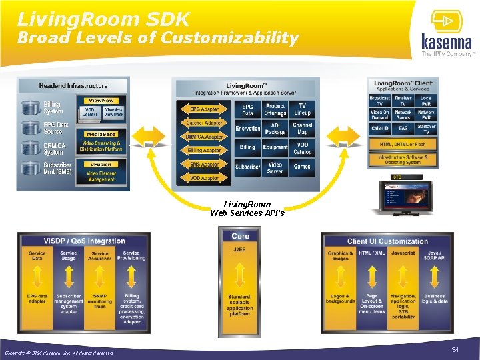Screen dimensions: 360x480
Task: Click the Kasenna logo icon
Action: point(444,23)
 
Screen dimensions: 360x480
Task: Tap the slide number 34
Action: point(455,349)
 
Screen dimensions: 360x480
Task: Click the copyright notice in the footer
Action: point(59,353)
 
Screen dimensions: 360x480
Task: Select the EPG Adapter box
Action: point(204,109)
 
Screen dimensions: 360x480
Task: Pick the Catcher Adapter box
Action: point(203,123)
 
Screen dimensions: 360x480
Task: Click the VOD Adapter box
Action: point(204,179)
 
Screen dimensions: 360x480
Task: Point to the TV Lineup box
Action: point(303,109)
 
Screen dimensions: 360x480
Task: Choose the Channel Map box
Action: point(303,129)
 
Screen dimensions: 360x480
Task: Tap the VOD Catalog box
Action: point(303,147)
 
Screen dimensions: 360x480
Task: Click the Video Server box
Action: point(275,168)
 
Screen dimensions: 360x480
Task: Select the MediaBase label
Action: point(101,134)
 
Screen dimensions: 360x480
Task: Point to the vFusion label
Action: point(101,164)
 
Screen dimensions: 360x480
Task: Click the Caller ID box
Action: point(379,127)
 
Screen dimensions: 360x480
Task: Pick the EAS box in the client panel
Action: point(403,127)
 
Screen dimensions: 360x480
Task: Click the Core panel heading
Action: point(240,236)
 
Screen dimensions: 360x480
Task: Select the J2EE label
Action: point(240,249)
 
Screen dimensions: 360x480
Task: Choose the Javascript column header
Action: point(403,253)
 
